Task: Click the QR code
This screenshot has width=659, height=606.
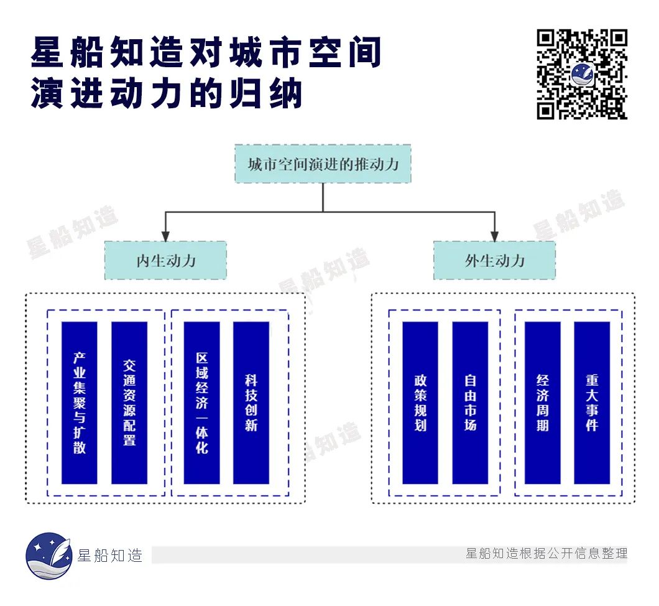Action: coord(582,73)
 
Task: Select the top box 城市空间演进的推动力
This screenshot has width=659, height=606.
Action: coord(323,164)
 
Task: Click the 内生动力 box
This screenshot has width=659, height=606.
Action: coord(165,260)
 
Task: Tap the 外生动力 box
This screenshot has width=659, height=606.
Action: coord(494,260)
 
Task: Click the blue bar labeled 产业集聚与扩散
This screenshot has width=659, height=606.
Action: coord(80,403)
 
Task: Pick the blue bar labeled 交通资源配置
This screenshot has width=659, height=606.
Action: coord(129,403)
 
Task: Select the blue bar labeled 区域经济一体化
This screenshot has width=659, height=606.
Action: coord(202,403)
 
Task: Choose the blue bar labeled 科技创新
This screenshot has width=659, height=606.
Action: coord(251,403)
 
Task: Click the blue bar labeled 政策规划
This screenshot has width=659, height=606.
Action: coord(420,403)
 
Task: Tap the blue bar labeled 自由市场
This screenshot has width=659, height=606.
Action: coord(470,403)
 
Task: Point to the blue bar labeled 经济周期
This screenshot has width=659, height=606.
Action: coord(543,403)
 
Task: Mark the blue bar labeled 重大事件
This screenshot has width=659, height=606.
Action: coord(592,403)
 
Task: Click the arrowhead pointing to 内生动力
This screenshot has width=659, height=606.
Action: coord(165,236)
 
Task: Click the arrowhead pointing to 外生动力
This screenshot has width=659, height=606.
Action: coord(494,236)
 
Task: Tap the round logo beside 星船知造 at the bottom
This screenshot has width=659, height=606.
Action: coord(48,556)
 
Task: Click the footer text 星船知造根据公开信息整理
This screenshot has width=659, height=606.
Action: coord(546,554)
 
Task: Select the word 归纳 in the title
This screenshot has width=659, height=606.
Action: coord(274,95)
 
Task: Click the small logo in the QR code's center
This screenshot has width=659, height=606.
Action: coord(583,75)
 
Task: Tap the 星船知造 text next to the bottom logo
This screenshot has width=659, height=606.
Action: coord(110,556)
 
